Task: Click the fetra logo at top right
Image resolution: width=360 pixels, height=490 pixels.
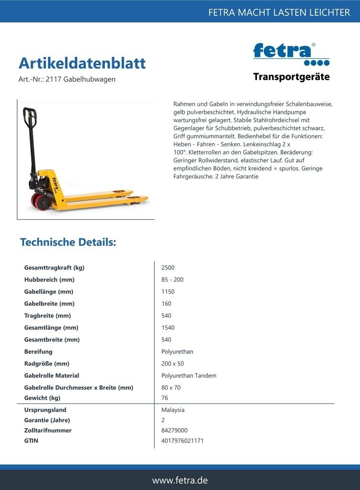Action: coord(291,54)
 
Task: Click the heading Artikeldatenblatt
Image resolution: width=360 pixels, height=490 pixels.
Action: coord(82,63)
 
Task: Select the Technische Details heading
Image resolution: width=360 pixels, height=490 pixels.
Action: coord(68,242)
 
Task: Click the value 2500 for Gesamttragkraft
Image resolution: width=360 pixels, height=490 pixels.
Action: coord(168,268)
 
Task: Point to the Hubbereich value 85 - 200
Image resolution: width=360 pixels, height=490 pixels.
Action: coord(172,280)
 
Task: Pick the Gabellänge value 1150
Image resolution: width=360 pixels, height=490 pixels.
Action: coord(168,292)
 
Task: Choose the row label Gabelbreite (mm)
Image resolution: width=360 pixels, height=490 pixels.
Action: coord(49,304)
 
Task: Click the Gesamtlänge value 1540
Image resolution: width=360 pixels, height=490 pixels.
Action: coord(168,328)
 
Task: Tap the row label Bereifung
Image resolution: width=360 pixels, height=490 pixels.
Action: coord(38,352)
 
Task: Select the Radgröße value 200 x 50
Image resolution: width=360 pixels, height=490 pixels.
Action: coord(172,364)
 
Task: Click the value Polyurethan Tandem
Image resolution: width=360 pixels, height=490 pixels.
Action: coord(189,376)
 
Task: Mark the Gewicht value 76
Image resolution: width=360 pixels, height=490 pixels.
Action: coord(165,398)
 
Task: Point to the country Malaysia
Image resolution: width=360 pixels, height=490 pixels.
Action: coord(173,410)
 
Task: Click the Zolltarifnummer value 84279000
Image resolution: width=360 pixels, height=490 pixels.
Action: coord(174,431)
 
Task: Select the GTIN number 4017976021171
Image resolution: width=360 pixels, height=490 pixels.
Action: coord(182,441)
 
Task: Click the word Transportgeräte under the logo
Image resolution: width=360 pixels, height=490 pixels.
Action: coord(291,77)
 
